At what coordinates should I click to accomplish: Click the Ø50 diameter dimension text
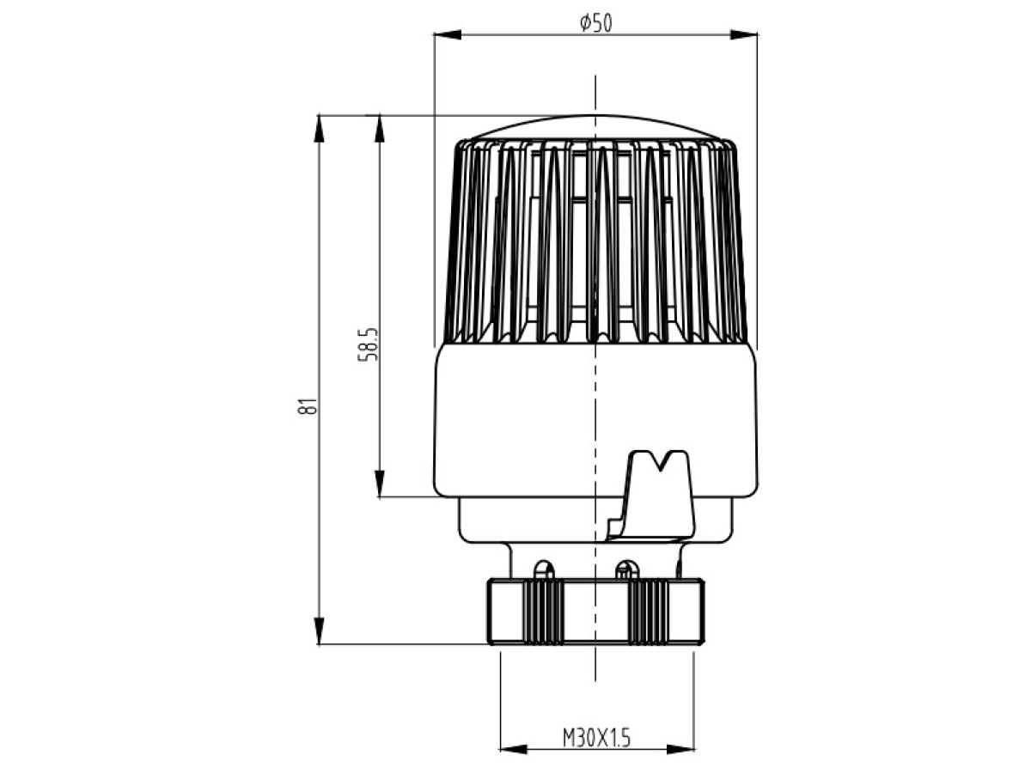coord(595,23)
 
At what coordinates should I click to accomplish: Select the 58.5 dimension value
coord(368,344)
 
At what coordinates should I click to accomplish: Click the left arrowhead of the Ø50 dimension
coord(448,34)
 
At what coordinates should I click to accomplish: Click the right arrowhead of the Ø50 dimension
coord(743,34)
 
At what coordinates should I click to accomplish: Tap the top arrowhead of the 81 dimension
coord(320,128)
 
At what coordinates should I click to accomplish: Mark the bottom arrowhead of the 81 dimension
coord(320,631)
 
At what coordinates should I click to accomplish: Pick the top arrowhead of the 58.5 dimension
coord(380,128)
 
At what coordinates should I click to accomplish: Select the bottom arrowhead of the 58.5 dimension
coord(380,484)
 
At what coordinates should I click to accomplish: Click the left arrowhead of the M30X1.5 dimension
coord(514,749)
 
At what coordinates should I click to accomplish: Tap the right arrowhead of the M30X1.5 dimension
coord(680,749)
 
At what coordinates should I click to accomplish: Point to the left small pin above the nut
coord(544,570)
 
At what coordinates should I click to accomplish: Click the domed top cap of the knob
coord(595,127)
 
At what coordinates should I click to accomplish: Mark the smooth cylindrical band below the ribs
coord(595,421)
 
